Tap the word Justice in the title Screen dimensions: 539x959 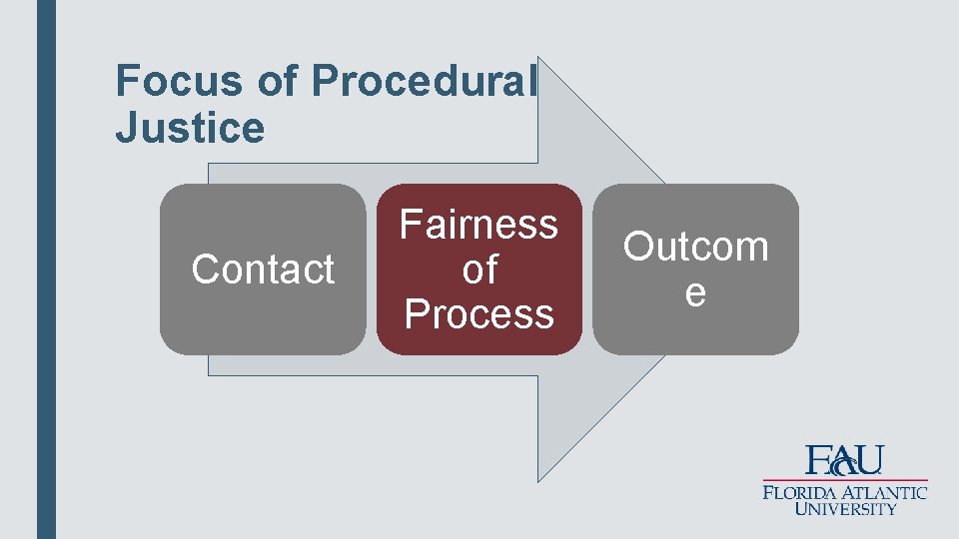pyautogui.click(x=190, y=128)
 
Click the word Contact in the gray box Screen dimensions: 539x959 pyautogui.click(x=263, y=269)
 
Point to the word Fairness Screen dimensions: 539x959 pyautogui.click(x=479, y=225)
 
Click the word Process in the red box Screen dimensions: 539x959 pyautogui.click(x=479, y=313)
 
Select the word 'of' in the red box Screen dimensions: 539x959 pyautogui.click(x=479, y=269)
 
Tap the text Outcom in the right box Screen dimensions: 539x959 pyautogui.click(x=695, y=247)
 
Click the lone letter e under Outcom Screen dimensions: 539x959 pyautogui.click(x=695, y=292)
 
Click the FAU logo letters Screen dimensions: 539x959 pyautogui.click(x=844, y=460)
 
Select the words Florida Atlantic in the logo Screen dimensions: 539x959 pyautogui.click(x=844, y=492)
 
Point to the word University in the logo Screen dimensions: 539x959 pyautogui.click(x=845, y=509)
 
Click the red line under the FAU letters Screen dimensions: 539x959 pyautogui.click(x=844, y=479)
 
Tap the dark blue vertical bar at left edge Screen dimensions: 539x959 pyautogui.click(x=46, y=269)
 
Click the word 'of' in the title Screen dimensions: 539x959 pyautogui.click(x=277, y=81)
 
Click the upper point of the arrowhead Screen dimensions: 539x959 pyautogui.click(x=539, y=59)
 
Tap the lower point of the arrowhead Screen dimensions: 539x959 pyautogui.click(x=539, y=480)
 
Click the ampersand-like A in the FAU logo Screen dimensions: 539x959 pyautogui.click(x=844, y=461)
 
